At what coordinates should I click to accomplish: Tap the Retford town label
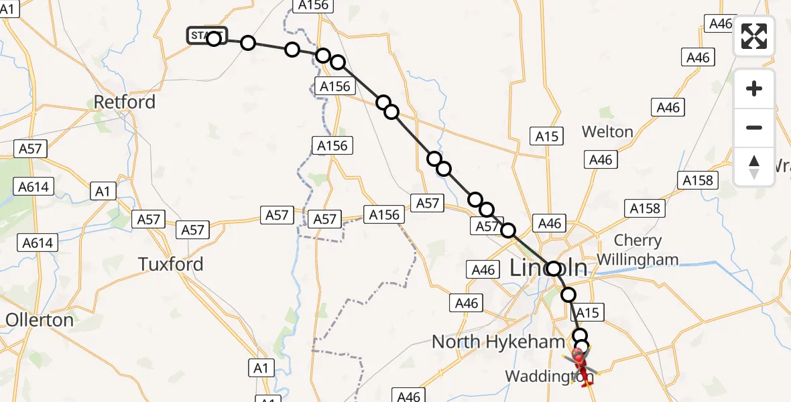pos(125,103)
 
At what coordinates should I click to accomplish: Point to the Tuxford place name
pos(171,264)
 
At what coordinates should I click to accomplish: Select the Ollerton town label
pos(39,320)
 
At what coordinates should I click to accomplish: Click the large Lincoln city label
pos(548,269)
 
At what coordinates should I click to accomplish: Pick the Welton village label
pos(607,132)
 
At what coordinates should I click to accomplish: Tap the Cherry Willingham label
pos(637,250)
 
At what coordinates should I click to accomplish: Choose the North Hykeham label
pos(498,342)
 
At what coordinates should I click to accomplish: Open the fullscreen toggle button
pos(754,36)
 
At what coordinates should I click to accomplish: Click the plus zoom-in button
pos(754,88)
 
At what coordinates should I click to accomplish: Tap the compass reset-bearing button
pos(754,167)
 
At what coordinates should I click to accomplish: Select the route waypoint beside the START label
pos(214,38)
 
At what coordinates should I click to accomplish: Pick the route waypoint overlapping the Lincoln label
pos(554,269)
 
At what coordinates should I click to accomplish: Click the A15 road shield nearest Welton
pos(547,137)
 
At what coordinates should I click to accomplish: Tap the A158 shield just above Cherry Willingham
pos(645,208)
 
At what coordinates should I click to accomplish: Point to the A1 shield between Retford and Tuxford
pos(102,192)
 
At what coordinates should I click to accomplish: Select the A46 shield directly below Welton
pos(601,159)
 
